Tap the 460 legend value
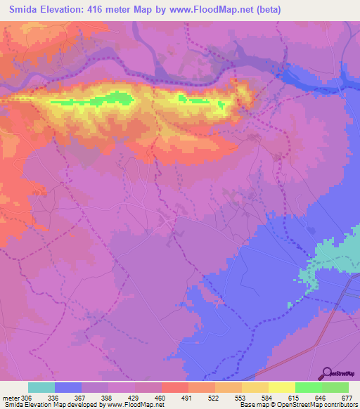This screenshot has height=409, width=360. coord(161,397)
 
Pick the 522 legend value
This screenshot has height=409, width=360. coord(214,397)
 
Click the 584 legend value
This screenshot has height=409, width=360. coord(267,397)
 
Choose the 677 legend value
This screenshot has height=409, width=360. coord(347,397)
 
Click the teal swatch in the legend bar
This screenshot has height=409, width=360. coord(41,387)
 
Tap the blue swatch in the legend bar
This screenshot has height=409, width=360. coord(67,387)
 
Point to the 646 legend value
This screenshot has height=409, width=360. coord(321,397)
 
